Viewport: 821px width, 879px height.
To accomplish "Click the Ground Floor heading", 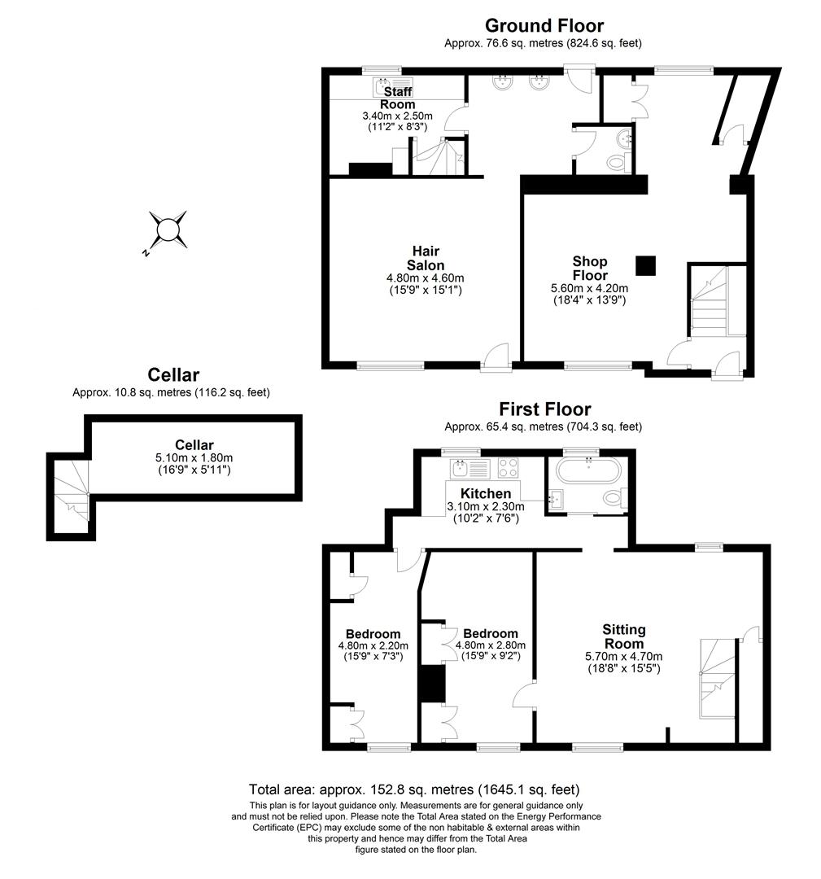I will click(544, 26).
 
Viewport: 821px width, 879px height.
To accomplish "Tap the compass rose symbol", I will click(168, 229).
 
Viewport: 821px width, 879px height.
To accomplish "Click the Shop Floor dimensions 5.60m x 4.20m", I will click(589, 287).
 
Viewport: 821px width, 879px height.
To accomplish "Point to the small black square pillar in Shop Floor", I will click(645, 265).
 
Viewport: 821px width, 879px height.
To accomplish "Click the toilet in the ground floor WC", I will click(616, 163).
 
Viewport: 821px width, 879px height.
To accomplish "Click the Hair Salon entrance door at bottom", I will click(496, 357).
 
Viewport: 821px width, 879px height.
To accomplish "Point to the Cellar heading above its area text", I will click(173, 375).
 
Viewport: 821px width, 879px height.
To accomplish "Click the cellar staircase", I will click(70, 493).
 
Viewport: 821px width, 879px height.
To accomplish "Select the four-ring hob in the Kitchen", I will click(509, 467).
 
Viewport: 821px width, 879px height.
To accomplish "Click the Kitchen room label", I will click(486, 493).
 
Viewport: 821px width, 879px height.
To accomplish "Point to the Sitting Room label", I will click(624, 636).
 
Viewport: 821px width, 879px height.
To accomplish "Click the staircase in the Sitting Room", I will click(717, 676).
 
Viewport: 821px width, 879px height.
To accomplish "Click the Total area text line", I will click(413, 789).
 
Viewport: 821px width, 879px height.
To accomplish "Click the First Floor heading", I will click(544, 409).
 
